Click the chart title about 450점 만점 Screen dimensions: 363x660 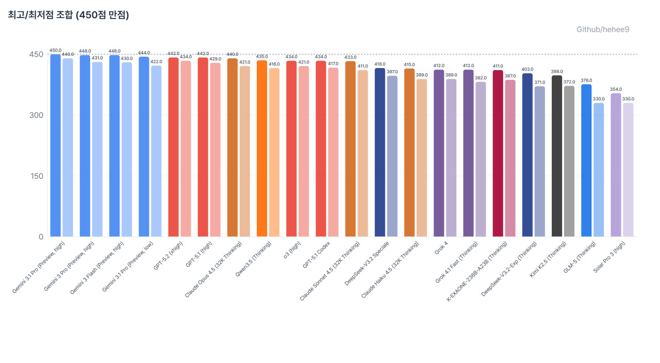click(x=68, y=15)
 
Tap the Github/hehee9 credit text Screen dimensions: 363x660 click(x=602, y=29)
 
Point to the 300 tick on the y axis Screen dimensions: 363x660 click(x=35, y=115)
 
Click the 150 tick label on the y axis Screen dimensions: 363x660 click(x=35, y=176)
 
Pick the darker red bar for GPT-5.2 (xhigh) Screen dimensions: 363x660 click(x=173, y=147)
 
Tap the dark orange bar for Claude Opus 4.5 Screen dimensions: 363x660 click(x=232, y=147)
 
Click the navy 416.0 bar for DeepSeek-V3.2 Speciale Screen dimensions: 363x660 click(x=380, y=153)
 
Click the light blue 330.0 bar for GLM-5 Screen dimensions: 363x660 click(x=599, y=170)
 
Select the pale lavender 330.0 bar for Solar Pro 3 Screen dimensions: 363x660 click(x=628, y=170)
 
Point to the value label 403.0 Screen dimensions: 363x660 click(x=527, y=69)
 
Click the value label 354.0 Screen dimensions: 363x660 click(x=616, y=89)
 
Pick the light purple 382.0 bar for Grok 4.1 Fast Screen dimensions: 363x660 click(x=481, y=159)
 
